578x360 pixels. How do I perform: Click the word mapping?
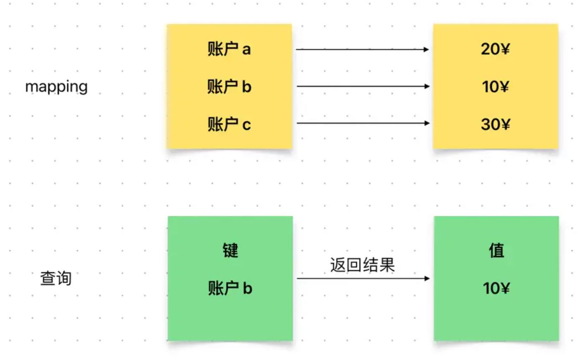[x=56, y=87]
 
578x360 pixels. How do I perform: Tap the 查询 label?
[x=56, y=278]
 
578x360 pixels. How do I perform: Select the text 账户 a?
[x=229, y=49]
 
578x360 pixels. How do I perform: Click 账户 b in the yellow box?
[x=229, y=86]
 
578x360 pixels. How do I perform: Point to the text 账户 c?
[x=229, y=124]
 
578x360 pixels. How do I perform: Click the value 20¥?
[x=495, y=49]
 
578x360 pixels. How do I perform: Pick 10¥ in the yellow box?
[x=495, y=86]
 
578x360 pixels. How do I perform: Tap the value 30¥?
[x=495, y=124]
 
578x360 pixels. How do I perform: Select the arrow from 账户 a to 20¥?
[x=362, y=49]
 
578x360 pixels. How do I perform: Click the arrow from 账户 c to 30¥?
[x=363, y=123]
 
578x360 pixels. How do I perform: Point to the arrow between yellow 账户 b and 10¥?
[x=363, y=86]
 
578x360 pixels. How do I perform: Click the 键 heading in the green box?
[x=230, y=250]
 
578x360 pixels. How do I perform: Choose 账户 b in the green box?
[x=230, y=288]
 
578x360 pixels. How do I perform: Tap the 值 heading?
[x=497, y=250]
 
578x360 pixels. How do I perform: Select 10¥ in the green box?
[x=497, y=288]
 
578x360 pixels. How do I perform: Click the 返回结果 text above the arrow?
[x=362, y=265]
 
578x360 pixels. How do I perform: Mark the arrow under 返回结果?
[x=363, y=278]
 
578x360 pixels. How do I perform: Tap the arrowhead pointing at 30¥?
[x=427, y=123]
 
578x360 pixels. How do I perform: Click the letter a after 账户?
[x=247, y=50]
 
